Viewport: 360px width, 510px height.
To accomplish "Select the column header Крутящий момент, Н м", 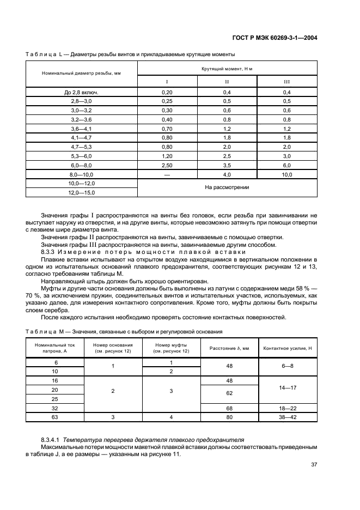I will (227, 69).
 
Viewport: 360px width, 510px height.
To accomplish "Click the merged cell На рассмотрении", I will (227, 188).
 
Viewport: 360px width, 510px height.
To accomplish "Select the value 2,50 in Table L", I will (167, 165).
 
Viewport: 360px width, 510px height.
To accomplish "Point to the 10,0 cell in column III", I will (286, 175).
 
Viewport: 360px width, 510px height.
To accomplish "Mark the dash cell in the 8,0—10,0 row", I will (167, 175).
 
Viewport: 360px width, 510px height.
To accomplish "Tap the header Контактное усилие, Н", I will (287, 348).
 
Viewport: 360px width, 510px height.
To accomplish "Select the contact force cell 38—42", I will (287, 417).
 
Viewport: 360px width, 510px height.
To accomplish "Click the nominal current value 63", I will (55, 417).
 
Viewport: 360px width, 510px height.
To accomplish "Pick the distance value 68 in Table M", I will (229, 408).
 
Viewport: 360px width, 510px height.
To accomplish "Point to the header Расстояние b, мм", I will (229, 348).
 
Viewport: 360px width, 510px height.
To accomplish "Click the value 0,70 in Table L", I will (167, 129).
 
